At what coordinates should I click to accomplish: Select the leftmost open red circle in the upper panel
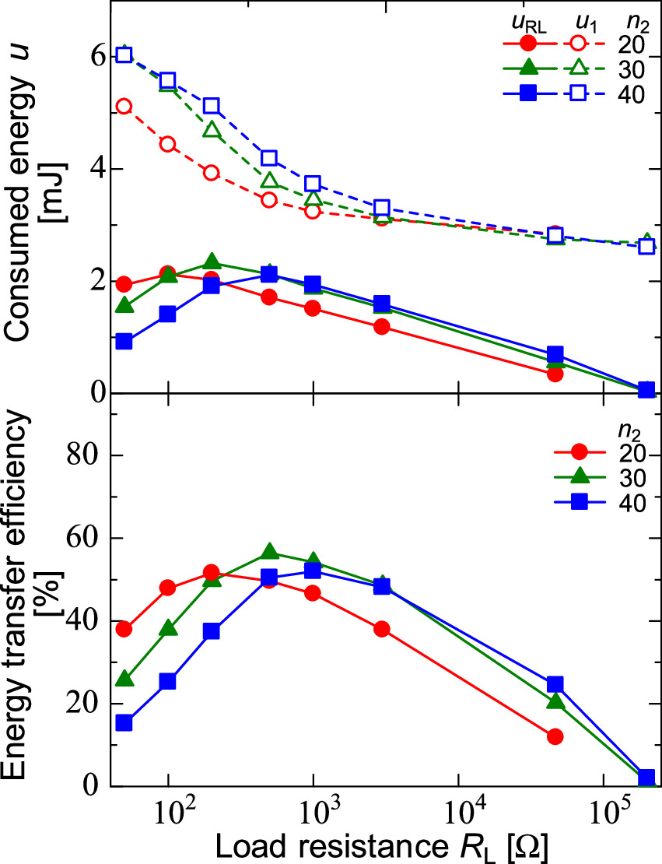tap(124, 107)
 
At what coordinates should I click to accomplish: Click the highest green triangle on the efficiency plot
tap(270, 551)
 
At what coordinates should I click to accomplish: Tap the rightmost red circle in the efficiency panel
tap(555, 736)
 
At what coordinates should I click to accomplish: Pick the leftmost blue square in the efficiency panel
tap(124, 723)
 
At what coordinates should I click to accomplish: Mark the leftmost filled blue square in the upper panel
tap(124, 342)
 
